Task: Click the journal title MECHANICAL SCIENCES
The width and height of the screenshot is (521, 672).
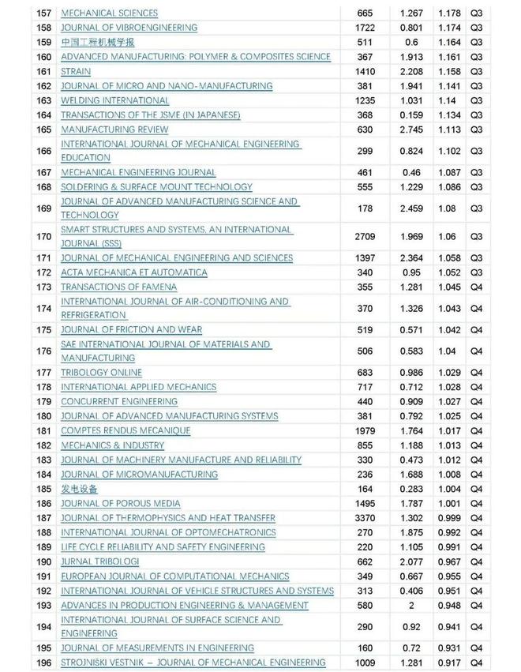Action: pos(109,13)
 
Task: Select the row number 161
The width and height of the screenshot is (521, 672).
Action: pos(44,71)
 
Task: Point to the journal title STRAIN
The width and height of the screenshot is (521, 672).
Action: pos(76,71)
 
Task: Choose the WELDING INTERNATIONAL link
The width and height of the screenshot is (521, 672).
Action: pos(114,100)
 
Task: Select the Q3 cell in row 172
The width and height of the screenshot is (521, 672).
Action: pos(476,272)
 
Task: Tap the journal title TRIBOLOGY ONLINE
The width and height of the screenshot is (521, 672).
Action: pos(101,373)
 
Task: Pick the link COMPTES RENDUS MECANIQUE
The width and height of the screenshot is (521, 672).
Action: pos(126,431)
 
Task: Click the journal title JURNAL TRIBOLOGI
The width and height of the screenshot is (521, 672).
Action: pos(100,561)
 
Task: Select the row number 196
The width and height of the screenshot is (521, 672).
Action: pos(44,663)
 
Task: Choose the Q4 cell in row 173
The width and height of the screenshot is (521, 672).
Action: pos(476,287)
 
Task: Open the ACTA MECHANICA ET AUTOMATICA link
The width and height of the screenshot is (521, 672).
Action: pos(134,272)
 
